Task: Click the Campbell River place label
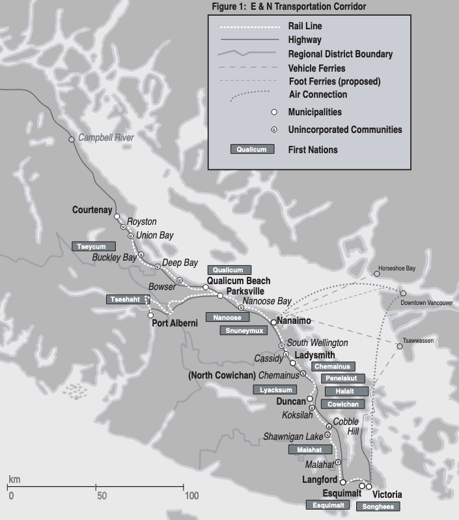tap(105, 137)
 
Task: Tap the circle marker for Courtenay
tap(117, 217)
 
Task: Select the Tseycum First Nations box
tap(94, 246)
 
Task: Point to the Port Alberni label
tap(174, 323)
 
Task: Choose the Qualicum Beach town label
tap(238, 281)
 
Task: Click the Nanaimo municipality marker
tap(273, 322)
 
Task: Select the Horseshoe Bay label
tap(396, 268)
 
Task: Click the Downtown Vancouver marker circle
tap(403, 293)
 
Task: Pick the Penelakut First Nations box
tap(342, 379)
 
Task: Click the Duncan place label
tap(290, 402)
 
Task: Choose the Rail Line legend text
tap(305, 27)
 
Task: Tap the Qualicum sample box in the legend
tap(251, 149)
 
